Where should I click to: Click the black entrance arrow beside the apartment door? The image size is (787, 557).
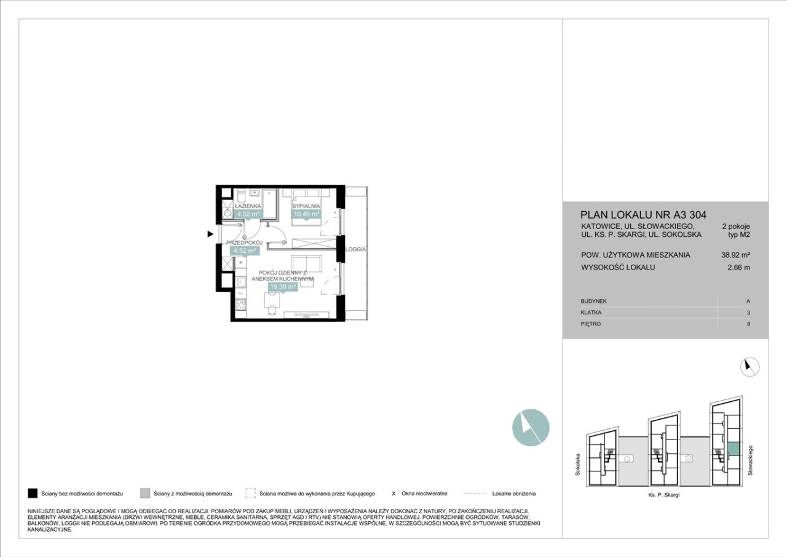pos(210,234)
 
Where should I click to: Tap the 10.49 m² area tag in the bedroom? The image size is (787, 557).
pos(306,214)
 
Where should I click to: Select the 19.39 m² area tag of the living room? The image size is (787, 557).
pos(283,287)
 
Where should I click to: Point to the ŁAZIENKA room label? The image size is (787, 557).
pos(248,206)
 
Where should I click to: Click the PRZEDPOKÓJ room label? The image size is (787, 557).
pos(245,243)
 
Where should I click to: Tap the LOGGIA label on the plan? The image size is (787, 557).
pos(355,249)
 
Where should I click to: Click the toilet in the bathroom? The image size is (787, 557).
pos(241,195)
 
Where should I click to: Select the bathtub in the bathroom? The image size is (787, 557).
pos(270,204)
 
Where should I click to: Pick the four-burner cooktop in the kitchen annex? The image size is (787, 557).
pos(241,305)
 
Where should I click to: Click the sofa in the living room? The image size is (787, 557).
pos(306,264)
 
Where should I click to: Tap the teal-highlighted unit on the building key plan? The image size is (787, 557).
pos(734,449)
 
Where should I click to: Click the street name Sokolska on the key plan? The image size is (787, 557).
pos(577,465)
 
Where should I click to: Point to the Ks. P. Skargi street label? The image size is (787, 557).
pos(663,495)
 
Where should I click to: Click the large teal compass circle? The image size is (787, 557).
pos(531,428)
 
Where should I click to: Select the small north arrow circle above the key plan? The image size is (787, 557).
pos(749,367)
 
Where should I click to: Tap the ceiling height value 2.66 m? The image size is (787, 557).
pos(738,267)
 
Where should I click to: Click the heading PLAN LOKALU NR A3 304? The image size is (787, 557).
pos(643,215)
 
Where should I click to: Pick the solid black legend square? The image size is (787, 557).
pos(33,494)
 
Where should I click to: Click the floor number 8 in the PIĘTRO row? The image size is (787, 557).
pos(748,324)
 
